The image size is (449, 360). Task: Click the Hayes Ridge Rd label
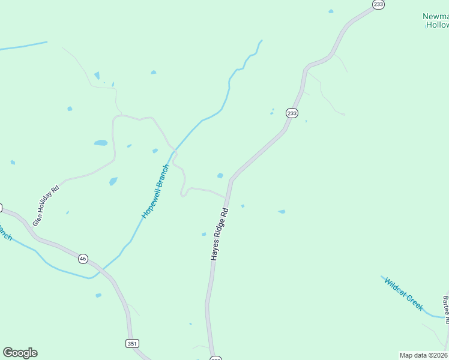click(220, 234)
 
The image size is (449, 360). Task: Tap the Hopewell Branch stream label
click(156, 191)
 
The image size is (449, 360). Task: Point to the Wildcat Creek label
click(404, 294)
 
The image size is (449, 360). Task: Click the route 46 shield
click(83, 259)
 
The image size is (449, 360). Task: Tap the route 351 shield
click(133, 343)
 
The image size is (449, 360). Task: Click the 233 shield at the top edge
click(378, 4)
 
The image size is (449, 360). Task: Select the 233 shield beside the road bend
click(292, 113)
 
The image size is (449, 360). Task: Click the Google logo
click(20, 353)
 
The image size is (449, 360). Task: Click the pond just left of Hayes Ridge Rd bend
click(220, 176)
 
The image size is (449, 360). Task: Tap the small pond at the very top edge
click(331, 11)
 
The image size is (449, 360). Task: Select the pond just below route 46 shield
click(98, 295)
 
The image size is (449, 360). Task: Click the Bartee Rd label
click(446, 309)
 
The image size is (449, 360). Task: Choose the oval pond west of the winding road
click(100, 143)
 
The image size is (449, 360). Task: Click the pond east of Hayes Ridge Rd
click(282, 211)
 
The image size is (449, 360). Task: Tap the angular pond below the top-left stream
click(97, 76)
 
